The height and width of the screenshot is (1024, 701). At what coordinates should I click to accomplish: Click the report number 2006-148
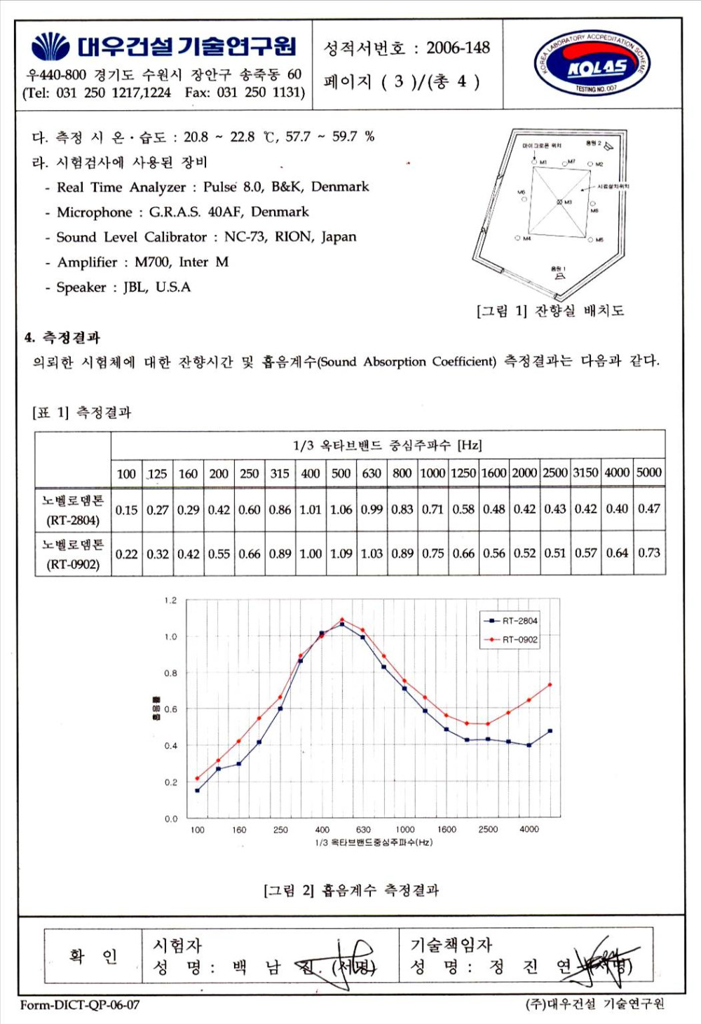click(458, 48)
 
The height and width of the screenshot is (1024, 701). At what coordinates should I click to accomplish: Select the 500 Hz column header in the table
click(341, 473)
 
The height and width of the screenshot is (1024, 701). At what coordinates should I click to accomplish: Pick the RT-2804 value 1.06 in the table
click(341, 510)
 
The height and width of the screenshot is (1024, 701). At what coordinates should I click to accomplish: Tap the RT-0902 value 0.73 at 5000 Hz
click(648, 553)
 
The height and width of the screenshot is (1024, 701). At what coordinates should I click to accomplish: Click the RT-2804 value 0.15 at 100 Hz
click(126, 510)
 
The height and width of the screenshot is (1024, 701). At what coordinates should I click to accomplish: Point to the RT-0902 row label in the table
click(73, 554)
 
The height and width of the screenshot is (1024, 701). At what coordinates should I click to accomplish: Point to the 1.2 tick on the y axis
click(170, 601)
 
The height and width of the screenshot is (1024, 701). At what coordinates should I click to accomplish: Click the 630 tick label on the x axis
click(363, 830)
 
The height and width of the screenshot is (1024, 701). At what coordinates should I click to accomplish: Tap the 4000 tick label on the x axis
click(529, 829)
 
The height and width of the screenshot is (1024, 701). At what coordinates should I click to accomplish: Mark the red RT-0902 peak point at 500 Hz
click(342, 620)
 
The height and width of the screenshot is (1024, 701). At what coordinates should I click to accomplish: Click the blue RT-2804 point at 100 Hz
click(198, 791)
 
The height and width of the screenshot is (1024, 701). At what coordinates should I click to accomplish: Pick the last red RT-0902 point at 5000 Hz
click(550, 685)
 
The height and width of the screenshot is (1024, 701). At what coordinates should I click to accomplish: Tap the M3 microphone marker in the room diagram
click(559, 202)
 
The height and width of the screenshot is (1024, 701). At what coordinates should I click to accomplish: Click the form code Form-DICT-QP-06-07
click(80, 1005)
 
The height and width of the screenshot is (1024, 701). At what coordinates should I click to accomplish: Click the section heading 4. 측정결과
click(62, 338)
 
